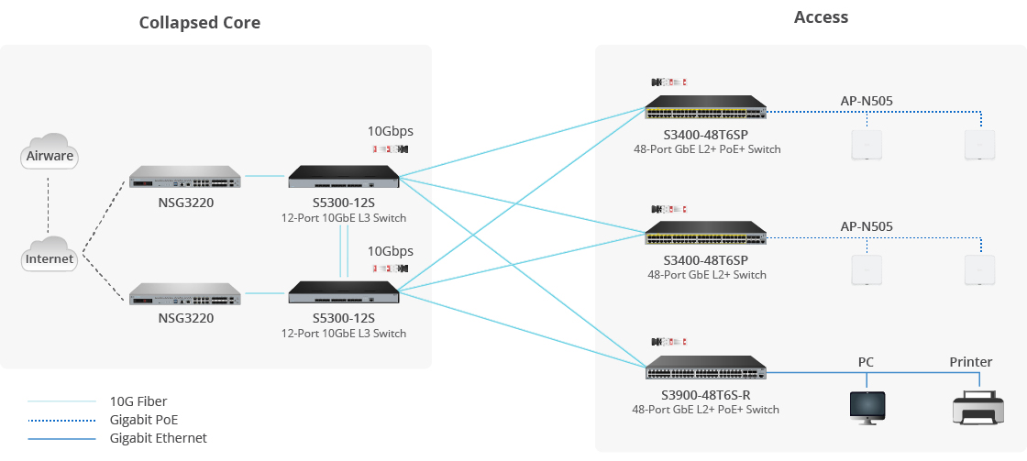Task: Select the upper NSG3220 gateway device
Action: pyautogui.click(x=186, y=177)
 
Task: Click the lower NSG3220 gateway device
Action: pyautogui.click(x=186, y=293)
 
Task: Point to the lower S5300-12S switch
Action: pyautogui.click(x=345, y=292)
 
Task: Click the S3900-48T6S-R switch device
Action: pyautogui.click(x=706, y=368)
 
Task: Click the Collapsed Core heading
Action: pyautogui.click(x=200, y=23)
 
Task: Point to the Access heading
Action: pyautogui.click(x=821, y=17)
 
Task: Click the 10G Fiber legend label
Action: pyautogui.click(x=138, y=401)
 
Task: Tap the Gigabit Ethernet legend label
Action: pyautogui.click(x=158, y=438)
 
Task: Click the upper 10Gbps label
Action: pyautogui.click(x=391, y=130)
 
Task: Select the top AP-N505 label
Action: pyautogui.click(x=867, y=101)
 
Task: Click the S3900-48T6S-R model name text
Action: pyautogui.click(x=706, y=395)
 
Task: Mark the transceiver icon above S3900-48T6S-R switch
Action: pyautogui.click(x=668, y=343)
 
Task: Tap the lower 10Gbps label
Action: pyautogui.click(x=391, y=251)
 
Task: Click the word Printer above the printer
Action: pyautogui.click(x=971, y=362)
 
